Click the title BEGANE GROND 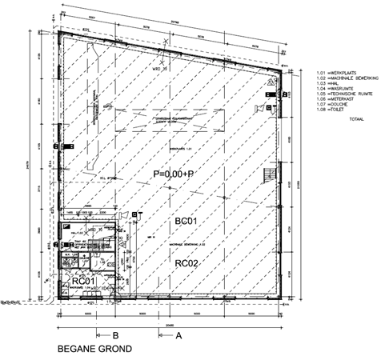(x=94, y=350)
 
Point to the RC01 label (x=85, y=281)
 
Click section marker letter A (x=178, y=336)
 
